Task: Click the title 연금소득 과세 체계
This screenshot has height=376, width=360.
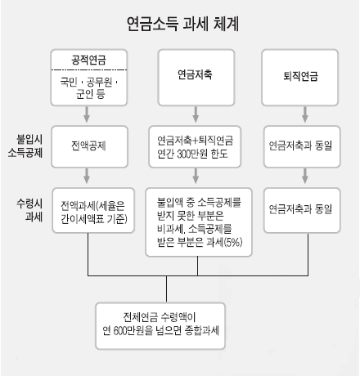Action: pyautogui.click(x=183, y=24)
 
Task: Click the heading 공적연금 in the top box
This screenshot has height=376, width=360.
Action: pyautogui.click(x=88, y=60)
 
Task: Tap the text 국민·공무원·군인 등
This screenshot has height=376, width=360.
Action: pyautogui.click(x=89, y=87)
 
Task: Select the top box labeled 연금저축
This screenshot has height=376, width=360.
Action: pyautogui.click(x=196, y=78)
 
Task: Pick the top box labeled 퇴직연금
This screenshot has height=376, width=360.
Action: pyautogui.click(x=300, y=78)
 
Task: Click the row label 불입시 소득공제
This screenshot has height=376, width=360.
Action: pyautogui.click(x=25, y=145)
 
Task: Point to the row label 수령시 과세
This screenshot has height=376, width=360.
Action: pyautogui.click(x=29, y=210)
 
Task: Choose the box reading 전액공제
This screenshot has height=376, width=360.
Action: pyautogui.click(x=89, y=146)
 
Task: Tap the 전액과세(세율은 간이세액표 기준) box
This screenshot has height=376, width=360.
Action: pyautogui.click(x=93, y=210)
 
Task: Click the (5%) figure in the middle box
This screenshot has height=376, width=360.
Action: pyautogui.click(x=233, y=242)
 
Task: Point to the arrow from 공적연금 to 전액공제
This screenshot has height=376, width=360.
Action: pyautogui.click(x=87, y=114)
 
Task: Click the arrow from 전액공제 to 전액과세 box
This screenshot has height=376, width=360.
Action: pyautogui.click(x=87, y=176)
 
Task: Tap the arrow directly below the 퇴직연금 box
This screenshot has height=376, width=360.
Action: pyautogui.click(x=305, y=114)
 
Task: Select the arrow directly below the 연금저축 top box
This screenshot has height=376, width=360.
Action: pyautogui.click(x=196, y=114)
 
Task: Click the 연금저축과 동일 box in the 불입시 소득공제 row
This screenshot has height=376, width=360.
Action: pyautogui.click(x=302, y=146)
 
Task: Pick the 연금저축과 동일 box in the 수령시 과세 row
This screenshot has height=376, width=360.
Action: pyautogui.click(x=302, y=210)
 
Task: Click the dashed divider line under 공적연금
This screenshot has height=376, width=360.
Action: pyautogui.click(x=89, y=70)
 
